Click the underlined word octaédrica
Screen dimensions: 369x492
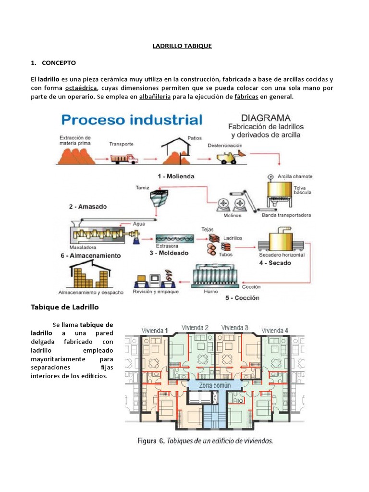(81, 88)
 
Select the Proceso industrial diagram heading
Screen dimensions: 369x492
(131, 120)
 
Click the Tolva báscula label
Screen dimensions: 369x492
(303, 189)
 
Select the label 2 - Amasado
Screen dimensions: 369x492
(87, 207)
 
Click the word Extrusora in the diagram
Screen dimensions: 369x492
(166, 246)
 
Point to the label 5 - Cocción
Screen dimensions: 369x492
(242, 298)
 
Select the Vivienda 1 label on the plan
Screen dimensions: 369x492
(155, 330)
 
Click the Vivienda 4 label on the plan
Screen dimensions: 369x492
(274, 330)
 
